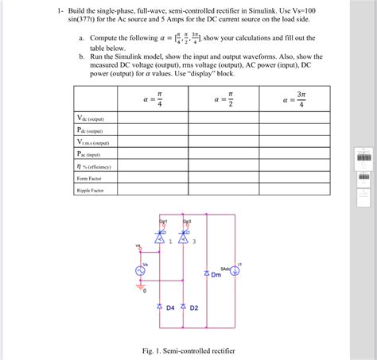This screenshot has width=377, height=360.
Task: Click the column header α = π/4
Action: coord(154,102)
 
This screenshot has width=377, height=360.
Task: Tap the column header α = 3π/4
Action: coord(294,102)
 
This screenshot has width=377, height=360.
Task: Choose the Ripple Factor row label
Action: coord(89,191)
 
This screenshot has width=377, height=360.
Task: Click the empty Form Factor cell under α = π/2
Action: coord(223,179)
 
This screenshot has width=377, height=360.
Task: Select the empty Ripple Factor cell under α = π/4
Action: coord(154,191)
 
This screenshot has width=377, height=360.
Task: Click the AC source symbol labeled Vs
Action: coord(144,271)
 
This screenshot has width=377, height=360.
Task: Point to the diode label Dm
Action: coord(216,277)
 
